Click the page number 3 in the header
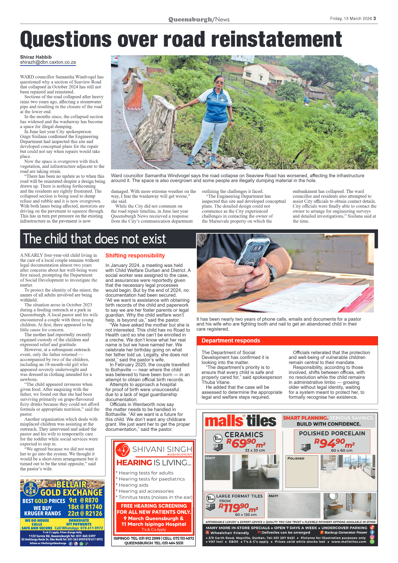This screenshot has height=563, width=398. pos(374,18)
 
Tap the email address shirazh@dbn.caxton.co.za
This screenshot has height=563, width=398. pos(48,62)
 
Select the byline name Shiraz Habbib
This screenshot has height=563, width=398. pos(36,57)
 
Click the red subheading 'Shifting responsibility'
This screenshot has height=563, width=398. pos(135,256)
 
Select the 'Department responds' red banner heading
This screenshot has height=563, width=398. pos(231,340)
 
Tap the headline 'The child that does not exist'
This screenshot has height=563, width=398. pos(95,239)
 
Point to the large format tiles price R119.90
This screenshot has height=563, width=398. pos(238,507)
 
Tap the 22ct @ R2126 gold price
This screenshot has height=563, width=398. pos(85,513)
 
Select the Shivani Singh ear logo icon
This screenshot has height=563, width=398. pos(123,450)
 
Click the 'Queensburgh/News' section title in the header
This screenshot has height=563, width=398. pos(199,19)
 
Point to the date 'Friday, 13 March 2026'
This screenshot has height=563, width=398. pos(351,18)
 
